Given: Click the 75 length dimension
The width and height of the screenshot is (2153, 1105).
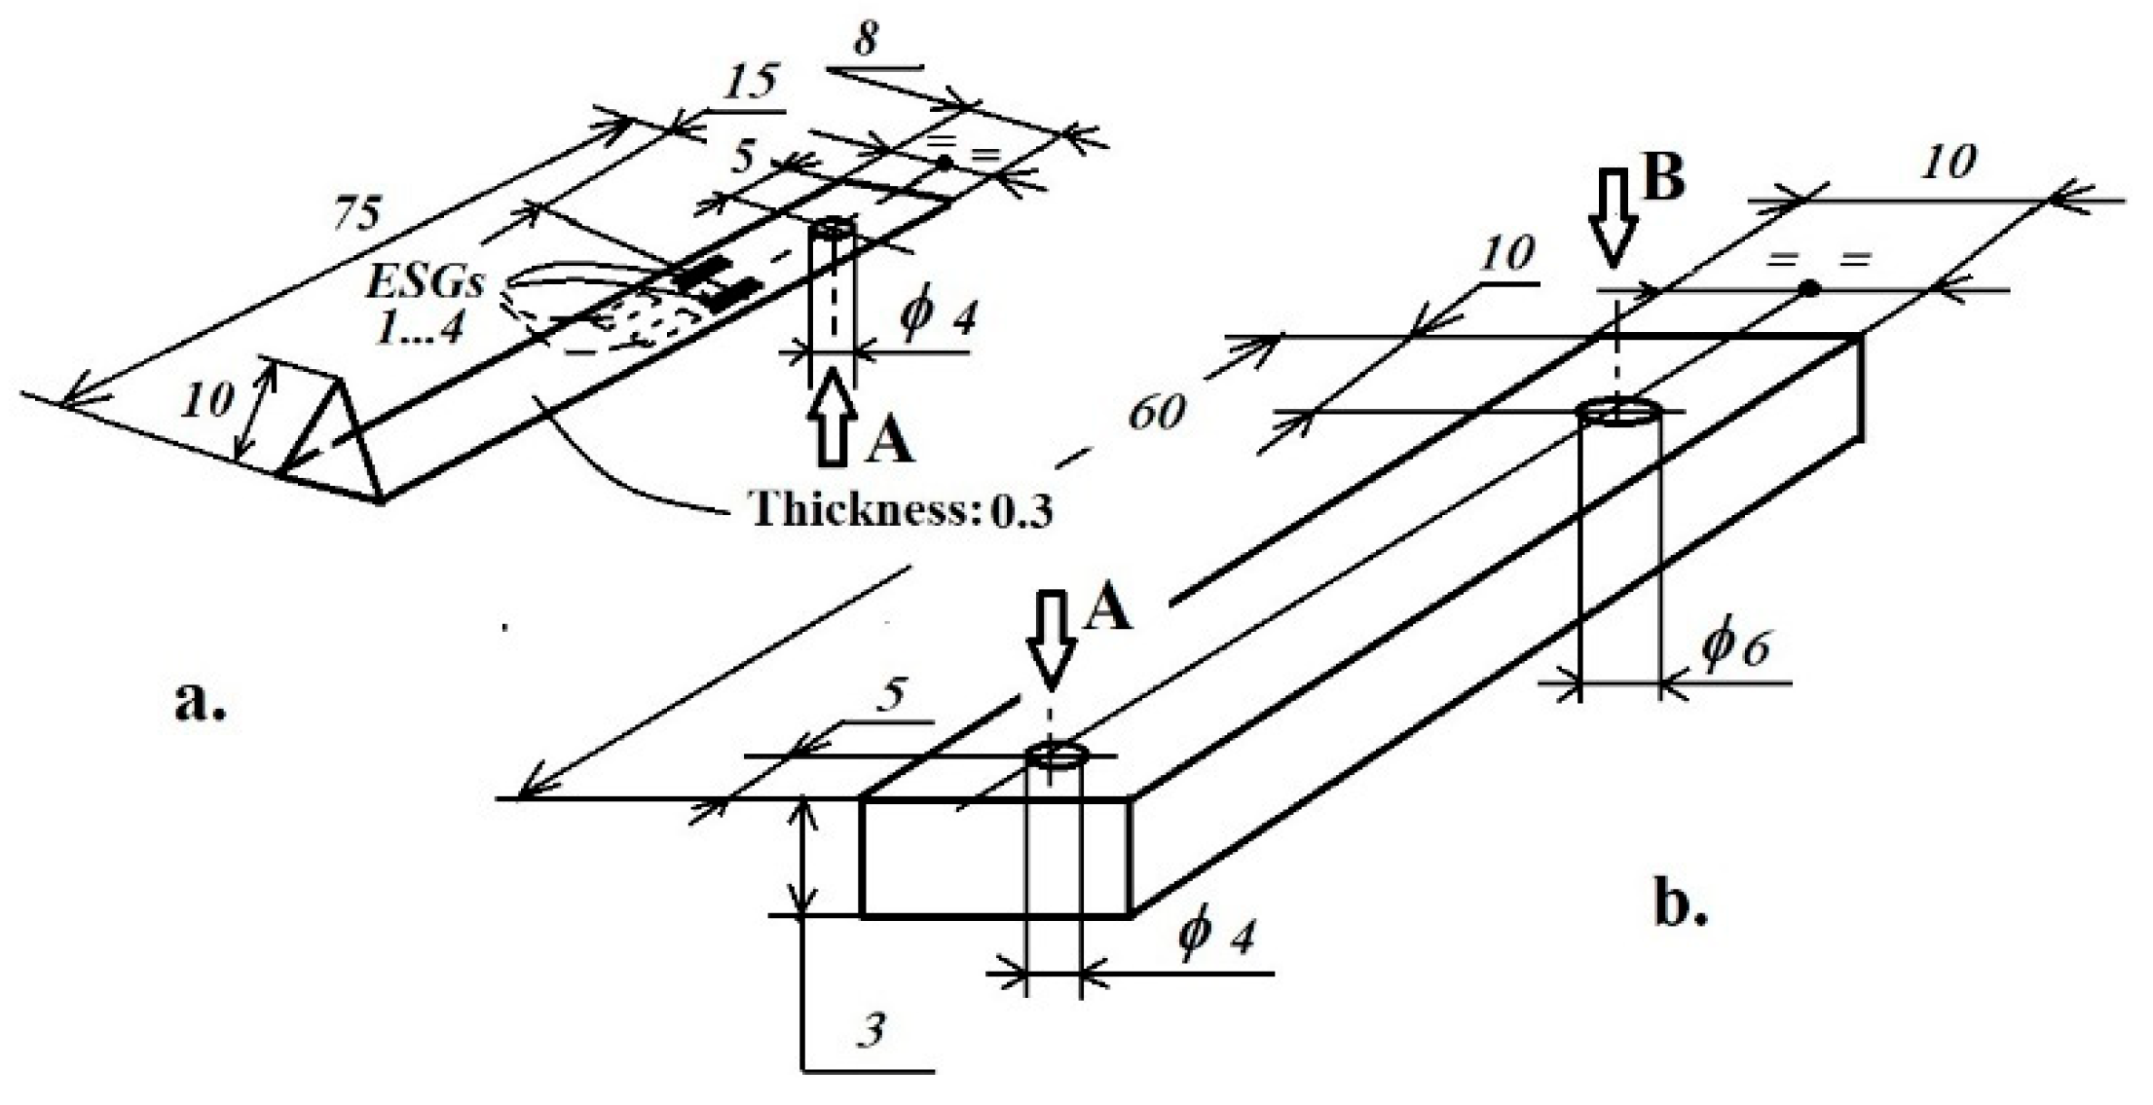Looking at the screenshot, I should click(x=357, y=213).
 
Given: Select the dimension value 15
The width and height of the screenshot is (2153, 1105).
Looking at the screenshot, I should click(x=751, y=84).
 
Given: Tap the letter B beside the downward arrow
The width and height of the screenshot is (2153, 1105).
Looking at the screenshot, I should click(x=1663, y=179).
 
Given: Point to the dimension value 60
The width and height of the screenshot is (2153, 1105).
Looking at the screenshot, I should click(x=1157, y=414).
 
